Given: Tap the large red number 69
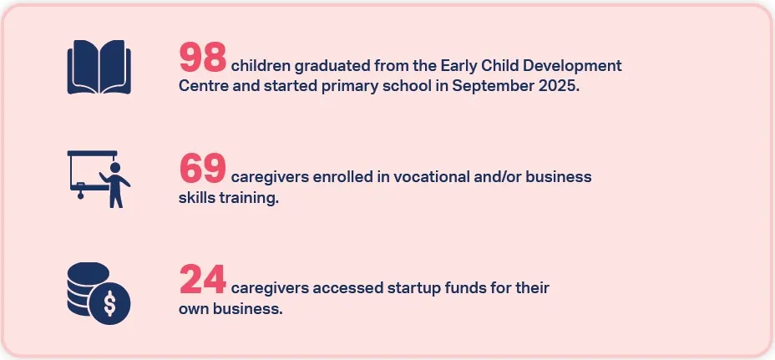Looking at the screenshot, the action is [x=203, y=168].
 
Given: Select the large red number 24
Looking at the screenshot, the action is [x=203, y=279].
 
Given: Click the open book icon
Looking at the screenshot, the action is [x=99, y=67].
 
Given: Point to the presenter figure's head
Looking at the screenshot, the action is [x=115, y=168].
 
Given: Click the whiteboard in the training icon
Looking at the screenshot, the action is [x=88, y=170].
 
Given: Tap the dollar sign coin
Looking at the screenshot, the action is [x=110, y=304].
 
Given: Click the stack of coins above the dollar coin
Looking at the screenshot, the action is [x=88, y=288].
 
